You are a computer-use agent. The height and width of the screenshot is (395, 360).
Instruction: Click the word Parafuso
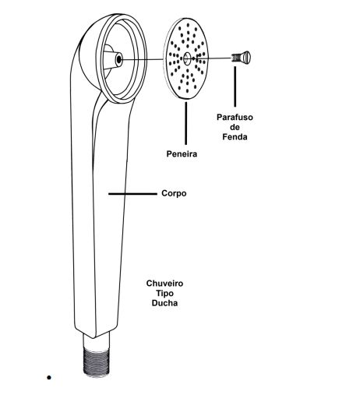pos(235,118)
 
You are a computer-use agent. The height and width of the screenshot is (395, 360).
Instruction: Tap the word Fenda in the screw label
pos(235,137)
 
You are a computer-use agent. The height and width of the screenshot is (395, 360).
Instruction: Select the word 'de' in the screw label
pos(235,127)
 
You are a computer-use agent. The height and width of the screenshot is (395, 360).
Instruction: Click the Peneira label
pos(182,153)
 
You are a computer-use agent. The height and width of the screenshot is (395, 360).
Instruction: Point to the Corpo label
pos(174,193)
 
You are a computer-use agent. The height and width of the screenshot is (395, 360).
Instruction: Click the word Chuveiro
pos(164,284)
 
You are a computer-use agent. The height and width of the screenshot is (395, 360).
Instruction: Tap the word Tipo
pos(164,293)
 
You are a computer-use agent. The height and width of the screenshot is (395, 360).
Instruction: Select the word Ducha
pos(164,303)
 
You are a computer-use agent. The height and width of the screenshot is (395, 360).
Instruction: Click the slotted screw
pos(241,58)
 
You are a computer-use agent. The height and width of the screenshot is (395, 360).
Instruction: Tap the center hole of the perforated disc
pos(186,58)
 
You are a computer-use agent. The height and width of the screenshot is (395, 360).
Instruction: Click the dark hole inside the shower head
pos(119,59)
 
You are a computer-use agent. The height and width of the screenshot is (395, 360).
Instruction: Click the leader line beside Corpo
pos(132,194)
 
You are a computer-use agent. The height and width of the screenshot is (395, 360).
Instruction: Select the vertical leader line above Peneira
pos(185,123)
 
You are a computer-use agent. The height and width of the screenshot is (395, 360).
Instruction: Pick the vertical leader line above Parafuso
pos(235,86)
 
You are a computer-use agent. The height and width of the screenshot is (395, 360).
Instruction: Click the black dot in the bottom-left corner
pos(49,378)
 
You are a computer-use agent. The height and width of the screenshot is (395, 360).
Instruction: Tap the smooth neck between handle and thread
pos(97,340)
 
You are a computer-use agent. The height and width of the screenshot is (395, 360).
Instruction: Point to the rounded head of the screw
pos(245,58)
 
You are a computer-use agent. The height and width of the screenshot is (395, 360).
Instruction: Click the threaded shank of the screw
pos(235,58)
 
